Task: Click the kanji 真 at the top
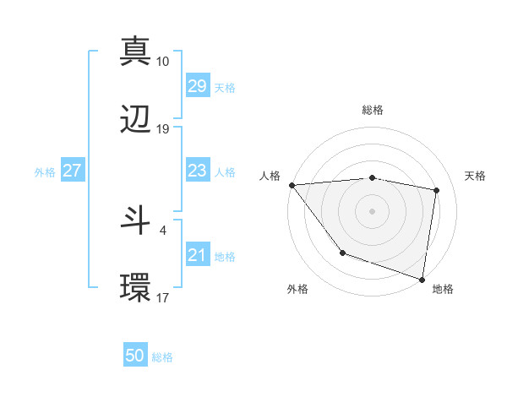(135, 52)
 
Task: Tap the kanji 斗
(135, 220)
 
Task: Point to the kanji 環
(135, 287)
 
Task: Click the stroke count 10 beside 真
(163, 62)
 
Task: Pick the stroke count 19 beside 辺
(163, 129)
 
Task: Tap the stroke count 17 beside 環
(163, 297)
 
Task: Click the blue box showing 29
(198, 86)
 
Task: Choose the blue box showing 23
(198, 171)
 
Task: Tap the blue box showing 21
(198, 255)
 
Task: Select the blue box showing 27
(72, 171)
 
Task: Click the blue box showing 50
(135, 356)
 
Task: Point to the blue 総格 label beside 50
(162, 357)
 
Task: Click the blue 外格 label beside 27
(45, 171)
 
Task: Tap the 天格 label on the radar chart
(476, 176)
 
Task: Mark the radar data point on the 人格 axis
(292, 185)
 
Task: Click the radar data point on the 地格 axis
(422, 279)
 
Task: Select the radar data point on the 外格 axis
(342, 252)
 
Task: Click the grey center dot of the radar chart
(373, 210)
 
